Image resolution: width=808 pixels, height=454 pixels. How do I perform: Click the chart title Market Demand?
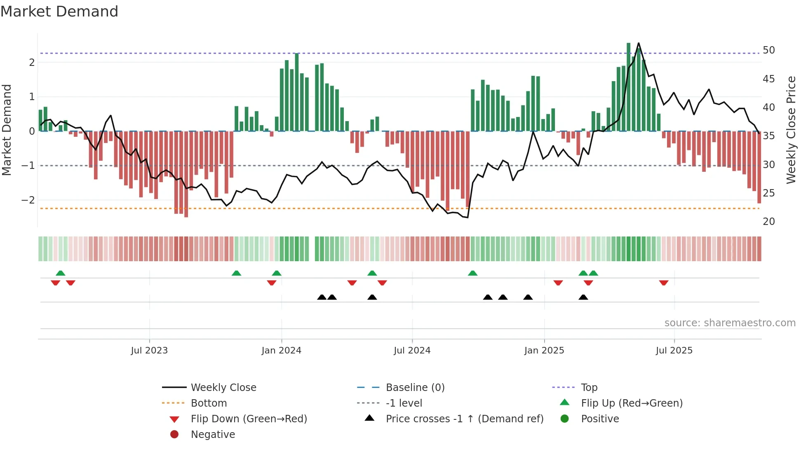[59, 12]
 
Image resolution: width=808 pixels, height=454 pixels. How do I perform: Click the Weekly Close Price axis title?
[791, 130]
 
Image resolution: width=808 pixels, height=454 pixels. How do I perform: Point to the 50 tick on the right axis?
[768, 50]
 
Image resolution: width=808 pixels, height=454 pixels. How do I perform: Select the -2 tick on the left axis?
[28, 200]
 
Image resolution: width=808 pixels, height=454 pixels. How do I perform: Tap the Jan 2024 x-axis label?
[281, 351]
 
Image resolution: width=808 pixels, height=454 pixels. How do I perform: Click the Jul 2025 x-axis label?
[674, 351]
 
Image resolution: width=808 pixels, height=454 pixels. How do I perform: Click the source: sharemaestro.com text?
[730, 323]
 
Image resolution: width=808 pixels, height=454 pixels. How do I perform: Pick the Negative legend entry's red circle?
[174, 435]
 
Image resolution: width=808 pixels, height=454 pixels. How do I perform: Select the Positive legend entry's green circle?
[565, 419]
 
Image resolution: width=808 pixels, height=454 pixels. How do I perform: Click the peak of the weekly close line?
[639, 43]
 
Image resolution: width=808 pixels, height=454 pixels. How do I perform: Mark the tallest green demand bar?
[629, 87]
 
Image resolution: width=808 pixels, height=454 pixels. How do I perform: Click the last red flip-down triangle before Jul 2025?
[664, 283]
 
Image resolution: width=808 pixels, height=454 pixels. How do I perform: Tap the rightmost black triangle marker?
[583, 297]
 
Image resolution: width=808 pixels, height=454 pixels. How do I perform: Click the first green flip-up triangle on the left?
[61, 273]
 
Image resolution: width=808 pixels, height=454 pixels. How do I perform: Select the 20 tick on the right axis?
[768, 222]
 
